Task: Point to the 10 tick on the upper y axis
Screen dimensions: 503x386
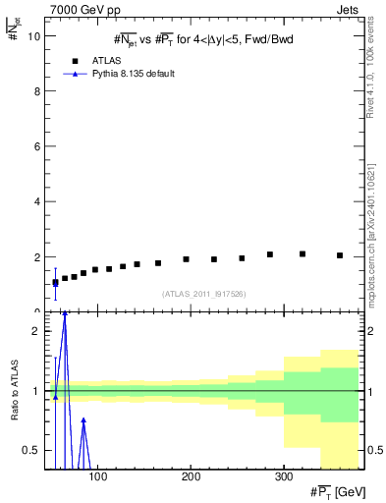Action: pyautogui.click(x=33, y=36)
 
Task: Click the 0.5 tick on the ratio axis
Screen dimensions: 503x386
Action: pyautogui.click(x=32, y=450)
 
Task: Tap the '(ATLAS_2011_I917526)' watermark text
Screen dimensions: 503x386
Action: pyautogui.click(x=204, y=294)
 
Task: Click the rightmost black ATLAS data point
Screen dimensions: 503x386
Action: pyautogui.click(x=340, y=255)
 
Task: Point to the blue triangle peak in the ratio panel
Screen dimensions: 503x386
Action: pyautogui.click(x=65, y=313)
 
